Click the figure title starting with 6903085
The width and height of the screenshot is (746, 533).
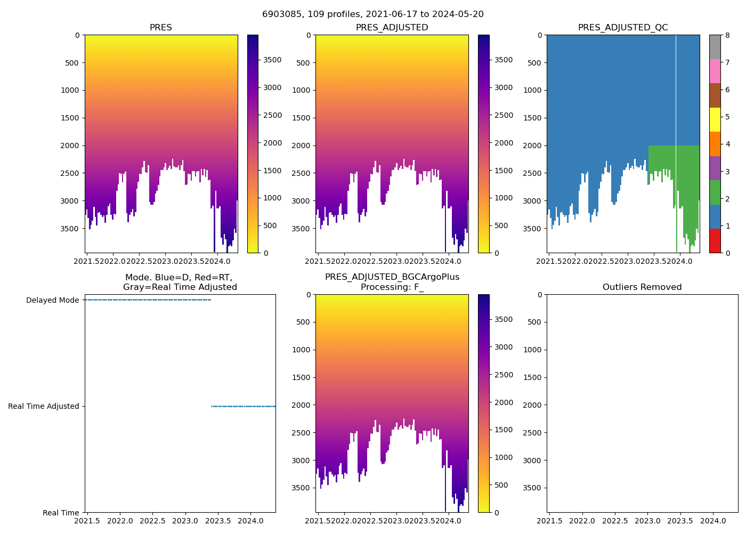tap(372, 14)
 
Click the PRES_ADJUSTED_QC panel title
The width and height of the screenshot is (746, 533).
tap(623, 28)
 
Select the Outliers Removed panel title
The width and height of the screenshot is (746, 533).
tap(642, 287)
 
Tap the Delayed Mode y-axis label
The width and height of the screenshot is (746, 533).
tap(52, 300)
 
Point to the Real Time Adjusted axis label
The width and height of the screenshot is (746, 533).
tap(43, 406)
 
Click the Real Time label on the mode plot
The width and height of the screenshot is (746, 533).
tap(61, 513)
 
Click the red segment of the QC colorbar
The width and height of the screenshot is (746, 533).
tap(715, 240)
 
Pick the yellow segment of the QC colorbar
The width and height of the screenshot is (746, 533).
tap(715, 119)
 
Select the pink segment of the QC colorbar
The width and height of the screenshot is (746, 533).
tap(715, 71)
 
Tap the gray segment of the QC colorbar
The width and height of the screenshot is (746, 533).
tap(715, 47)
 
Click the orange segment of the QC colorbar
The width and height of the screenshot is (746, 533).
tap(715, 144)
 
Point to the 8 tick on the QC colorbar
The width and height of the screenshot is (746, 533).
tap(726, 35)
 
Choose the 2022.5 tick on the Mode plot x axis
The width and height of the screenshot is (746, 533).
tap(153, 520)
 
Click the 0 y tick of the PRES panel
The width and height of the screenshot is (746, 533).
tap(77, 35)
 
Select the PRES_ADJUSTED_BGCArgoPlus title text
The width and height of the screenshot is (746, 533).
tap(392, 277)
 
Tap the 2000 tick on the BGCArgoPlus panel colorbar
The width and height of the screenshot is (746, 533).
tap(504, 402)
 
